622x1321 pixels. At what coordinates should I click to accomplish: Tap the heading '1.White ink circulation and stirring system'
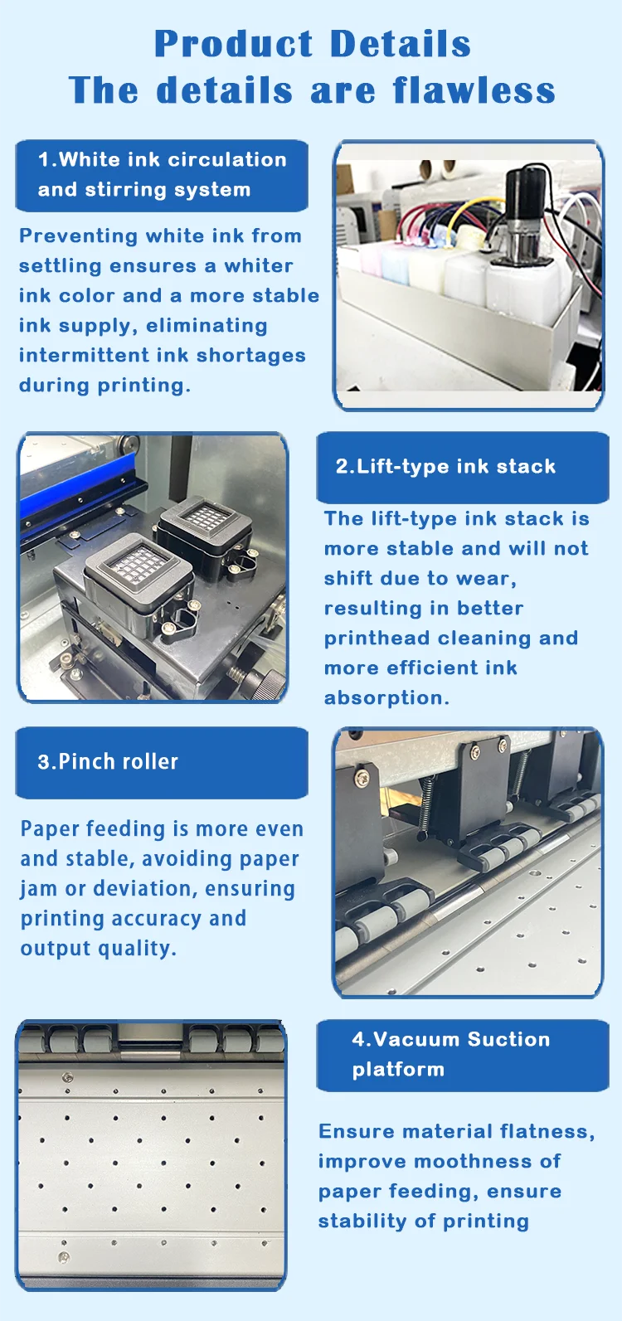click(162, 175)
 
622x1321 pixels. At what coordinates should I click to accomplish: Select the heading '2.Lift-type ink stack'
click(445, 466)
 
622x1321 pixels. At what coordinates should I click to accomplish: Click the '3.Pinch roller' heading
click(108, 762)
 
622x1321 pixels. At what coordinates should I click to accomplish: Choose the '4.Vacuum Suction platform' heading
click(450, 1054)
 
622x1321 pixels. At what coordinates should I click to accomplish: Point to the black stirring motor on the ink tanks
click(524, 207)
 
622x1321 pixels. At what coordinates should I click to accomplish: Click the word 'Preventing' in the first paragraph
click(78, 236)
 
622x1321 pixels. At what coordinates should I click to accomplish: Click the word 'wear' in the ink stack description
click(489, 579)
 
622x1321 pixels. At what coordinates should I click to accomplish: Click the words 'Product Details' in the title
click(312, 44)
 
